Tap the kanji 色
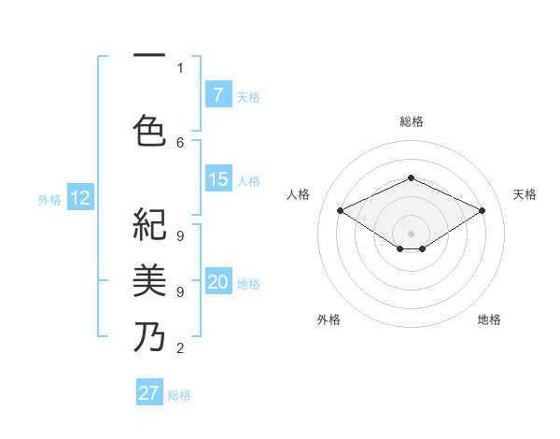(x=149, y=130)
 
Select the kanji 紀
(x=149, y=224)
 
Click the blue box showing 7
(x=217, y=94)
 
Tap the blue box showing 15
(x=218, y=179)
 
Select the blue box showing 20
(x=218, y=283)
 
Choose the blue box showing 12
(x=79, y=198)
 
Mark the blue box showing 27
(x=149, y=393)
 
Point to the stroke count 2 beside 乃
(x=180, y=349)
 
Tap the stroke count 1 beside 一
(x=180, y=67)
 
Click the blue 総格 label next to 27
(x=179, y=395)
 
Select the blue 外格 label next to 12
(x=49, y=199)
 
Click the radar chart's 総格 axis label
(x=411, y=121)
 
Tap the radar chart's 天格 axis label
(x=525, y=194)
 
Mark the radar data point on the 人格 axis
(x=341, y=211)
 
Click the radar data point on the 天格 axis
(x=482, y=211)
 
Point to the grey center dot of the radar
(x=411, y=233)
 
